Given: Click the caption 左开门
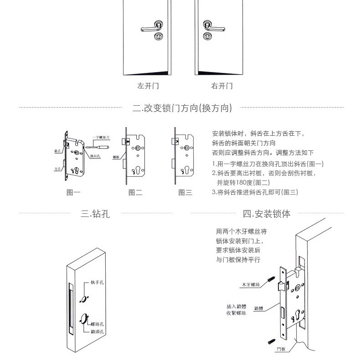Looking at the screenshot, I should pyautogui.click(x=148, y=86).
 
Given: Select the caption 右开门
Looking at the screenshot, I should pyautogui.click(x=222, y=86).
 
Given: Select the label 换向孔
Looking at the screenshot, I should pyautogui.click(x=95, y=156).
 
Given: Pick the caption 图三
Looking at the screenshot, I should pyautogui.click(x=185, y=193).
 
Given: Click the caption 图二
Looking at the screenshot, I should pyautogui.click(x=135, y=193).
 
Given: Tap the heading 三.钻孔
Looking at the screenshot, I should pyautogui.click(x=95, y=213).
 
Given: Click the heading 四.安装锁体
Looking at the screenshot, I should pyautogui.click(x=267, y=213).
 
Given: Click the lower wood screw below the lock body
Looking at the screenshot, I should pyautogui.click(x=272, y=339).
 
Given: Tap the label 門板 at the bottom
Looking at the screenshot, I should pyautogui.click(x=281, y=350).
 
